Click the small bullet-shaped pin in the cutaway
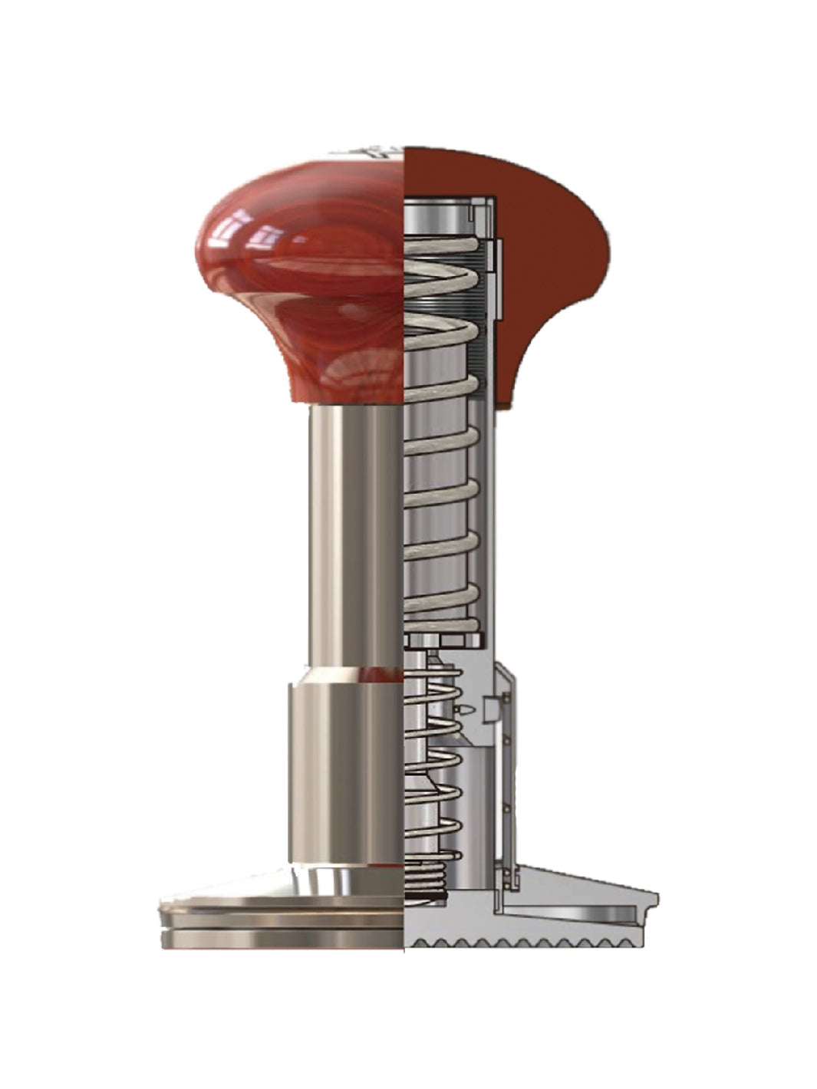(x=462, y=711)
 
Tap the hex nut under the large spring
(x=445, y=639)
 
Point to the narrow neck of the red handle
(x=345, y=376)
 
